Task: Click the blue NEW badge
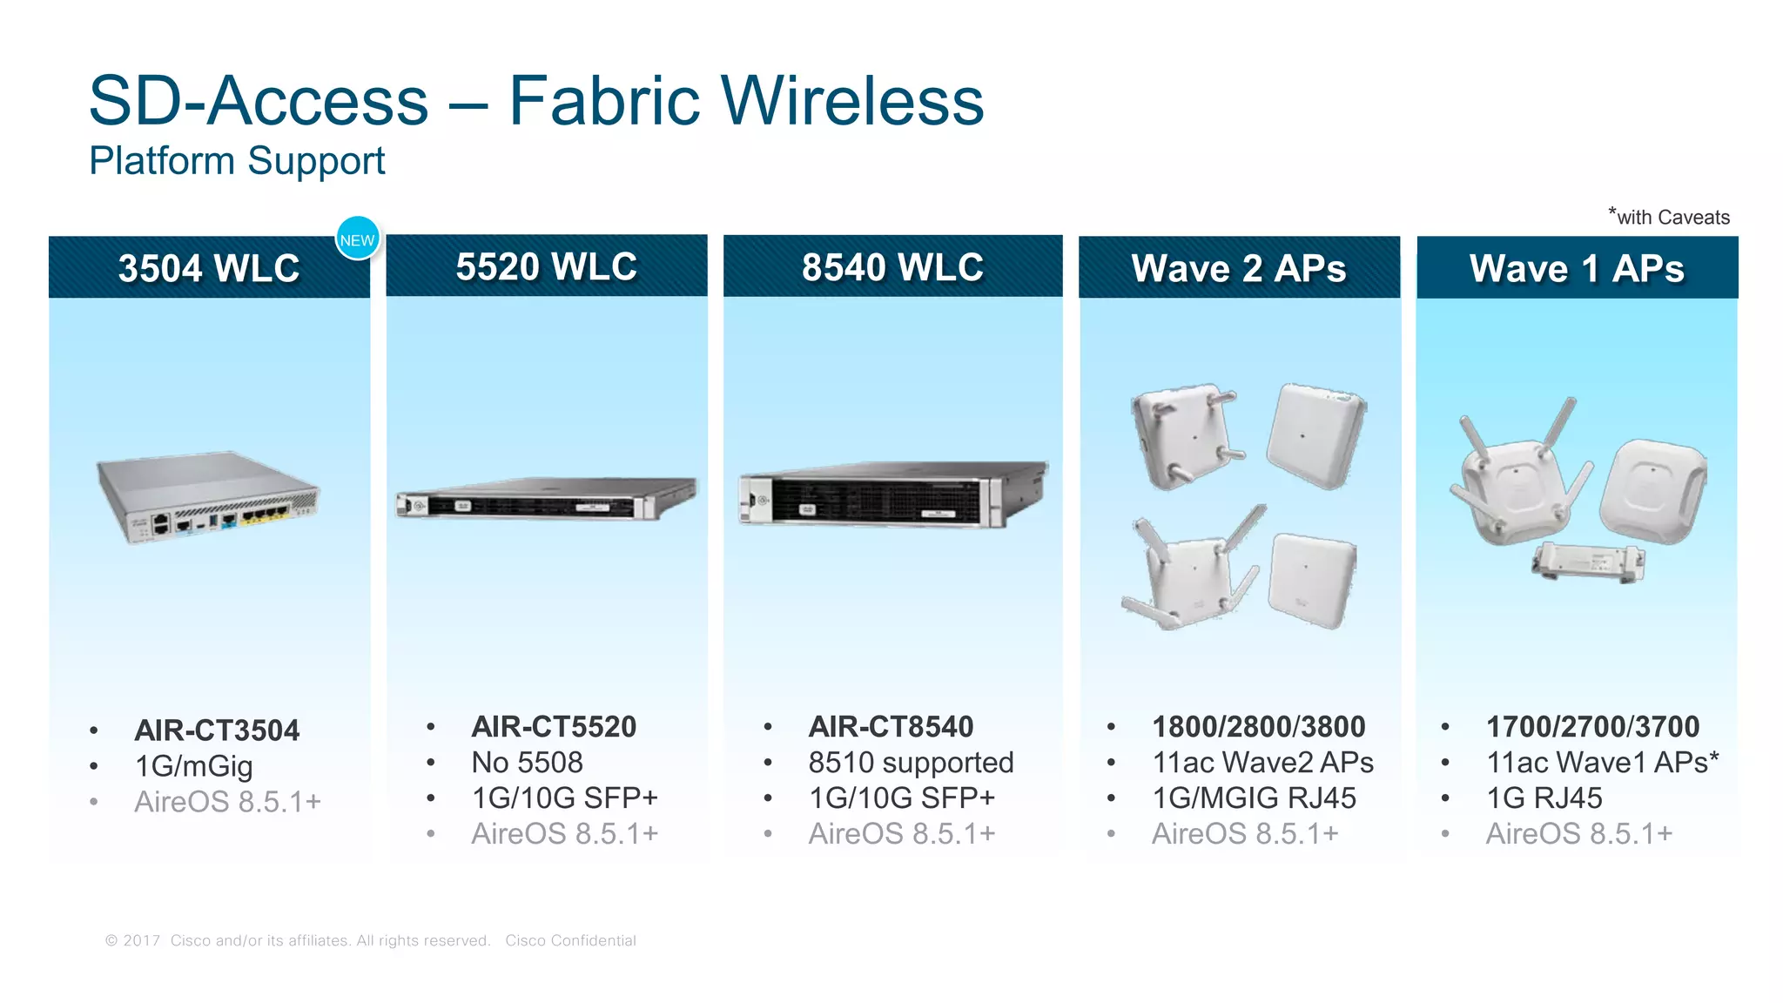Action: (357, 239)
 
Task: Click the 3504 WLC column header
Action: (209, 268)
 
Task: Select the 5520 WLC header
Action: (546, 266)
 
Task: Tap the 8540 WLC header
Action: (892, 267)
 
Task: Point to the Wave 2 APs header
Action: (1239, 268)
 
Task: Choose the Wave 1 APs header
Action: (1577, 268)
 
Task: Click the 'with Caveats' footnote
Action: (1669, 217)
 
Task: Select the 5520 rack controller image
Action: (546, 499)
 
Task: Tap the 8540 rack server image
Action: (892, 494)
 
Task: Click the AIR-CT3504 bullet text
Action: (217, 730)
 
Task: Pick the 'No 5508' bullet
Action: (527, 763)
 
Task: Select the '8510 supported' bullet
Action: (911, 763)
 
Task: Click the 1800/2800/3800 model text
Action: (1259, 727)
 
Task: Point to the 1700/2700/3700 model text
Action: (1592, 727)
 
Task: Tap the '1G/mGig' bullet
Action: (193, 766)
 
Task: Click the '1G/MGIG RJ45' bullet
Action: (1254, 798)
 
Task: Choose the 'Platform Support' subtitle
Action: (237, 161)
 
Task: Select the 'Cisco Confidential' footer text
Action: (570, 940)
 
